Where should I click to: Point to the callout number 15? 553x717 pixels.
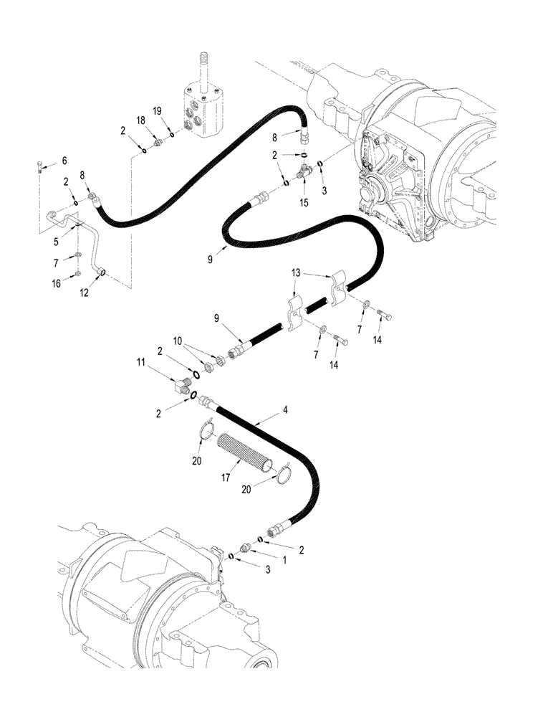(x=304, y=204)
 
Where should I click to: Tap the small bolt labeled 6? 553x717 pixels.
(x=39, y=169)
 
